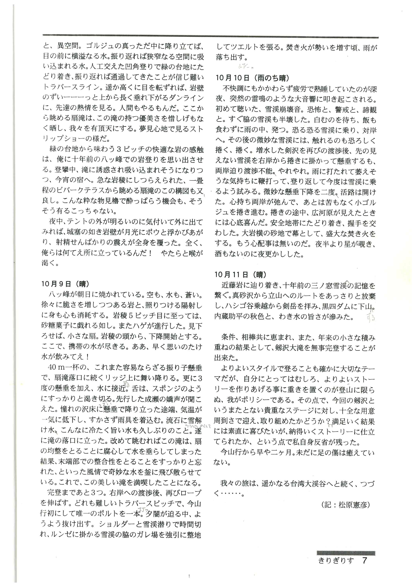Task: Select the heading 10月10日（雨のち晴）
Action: (252, 78)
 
